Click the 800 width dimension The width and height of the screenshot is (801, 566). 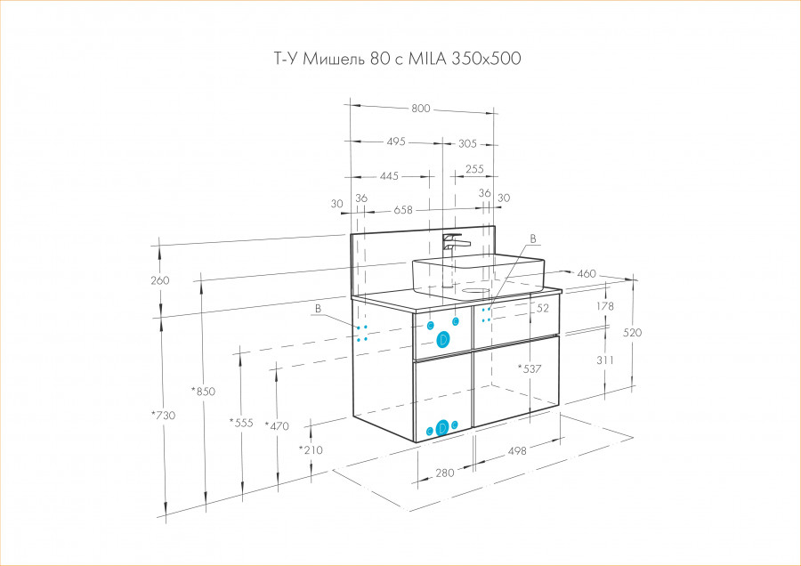pyautogui.click(x=421, y=109)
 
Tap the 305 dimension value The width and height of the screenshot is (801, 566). pyautogui.click(x=468, y=142)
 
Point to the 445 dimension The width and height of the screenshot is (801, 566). pyautogui.click(x=389, y=176)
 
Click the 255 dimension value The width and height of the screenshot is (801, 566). pyautogui.click(x=474, y=169)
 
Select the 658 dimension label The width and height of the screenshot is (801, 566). pyautogui.click(x=403, y=211)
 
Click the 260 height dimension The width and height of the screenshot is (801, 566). pyautogui.click(x=160, y=280)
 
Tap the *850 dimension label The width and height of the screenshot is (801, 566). pyautogui.click(x=204, y=392)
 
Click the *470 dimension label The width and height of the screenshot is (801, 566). pyautogui.click(x=277, y=426)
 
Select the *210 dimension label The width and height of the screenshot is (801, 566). pyautogui.click(x=311, y=449)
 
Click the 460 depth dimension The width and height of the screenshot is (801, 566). pyautogui.click(x=586, y=273)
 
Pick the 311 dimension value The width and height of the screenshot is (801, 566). pyautogui.click(x=606, y=360)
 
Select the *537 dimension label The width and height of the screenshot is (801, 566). pyautogui.click(x=530, y=368)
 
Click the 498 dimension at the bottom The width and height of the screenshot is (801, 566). pyautogui.click(x=517, y=451)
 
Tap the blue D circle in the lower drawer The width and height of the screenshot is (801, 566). pyautogui.click(x=442, y=428)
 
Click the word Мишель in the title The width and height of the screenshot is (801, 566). pyautogui.click(x=329, y=59)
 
